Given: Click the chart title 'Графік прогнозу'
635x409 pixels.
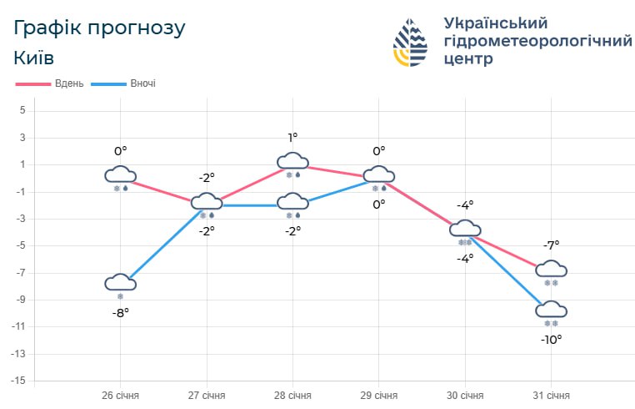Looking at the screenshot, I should pos(99,28).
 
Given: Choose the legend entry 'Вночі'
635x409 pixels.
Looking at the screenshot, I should pos(142,83).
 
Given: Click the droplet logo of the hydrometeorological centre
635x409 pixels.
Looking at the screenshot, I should pos(413,42).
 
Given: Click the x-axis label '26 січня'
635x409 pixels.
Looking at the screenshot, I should pos(120,395).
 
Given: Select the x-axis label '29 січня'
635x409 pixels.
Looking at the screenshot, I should pos(378,395).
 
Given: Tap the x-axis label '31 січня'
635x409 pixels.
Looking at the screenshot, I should pos(551,395).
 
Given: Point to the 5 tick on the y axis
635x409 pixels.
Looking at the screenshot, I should pos(23,111).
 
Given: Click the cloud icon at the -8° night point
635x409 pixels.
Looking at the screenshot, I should pos(120,282).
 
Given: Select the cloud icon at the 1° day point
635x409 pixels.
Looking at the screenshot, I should pos(292,161).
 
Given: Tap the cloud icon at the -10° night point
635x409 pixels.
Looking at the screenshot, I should pos(551,310).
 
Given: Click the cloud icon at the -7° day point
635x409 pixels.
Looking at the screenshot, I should pos(551,269).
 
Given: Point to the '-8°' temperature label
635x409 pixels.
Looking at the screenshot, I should pos(120,313).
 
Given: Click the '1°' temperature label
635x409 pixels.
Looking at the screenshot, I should pos(292,138).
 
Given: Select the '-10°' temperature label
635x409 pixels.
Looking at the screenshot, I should pos(551,340).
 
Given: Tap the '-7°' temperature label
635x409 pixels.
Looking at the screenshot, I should pos(551,245).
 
